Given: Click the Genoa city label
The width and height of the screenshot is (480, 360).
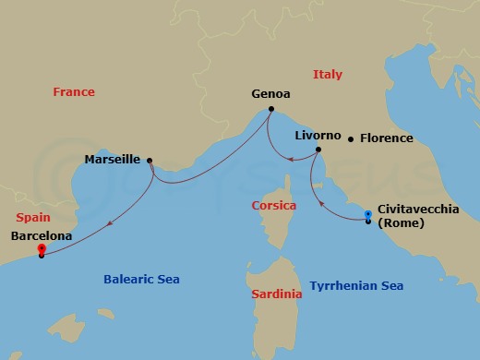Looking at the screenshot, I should (x=270, y=93).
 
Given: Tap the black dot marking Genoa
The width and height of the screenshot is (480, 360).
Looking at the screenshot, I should (x=270, y=109).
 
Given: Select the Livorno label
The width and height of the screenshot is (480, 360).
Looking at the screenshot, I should (x=318, y=135).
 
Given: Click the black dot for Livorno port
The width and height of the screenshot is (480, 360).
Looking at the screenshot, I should (x=318, y=150).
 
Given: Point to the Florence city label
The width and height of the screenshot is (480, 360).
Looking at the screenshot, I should (x=386, y=139).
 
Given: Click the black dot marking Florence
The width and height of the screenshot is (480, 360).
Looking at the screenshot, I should (x=351, y=139).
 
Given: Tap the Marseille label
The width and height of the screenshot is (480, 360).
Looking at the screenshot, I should (x=112, y=159).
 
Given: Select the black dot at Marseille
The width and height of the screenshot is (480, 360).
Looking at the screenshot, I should (x=150, y=160).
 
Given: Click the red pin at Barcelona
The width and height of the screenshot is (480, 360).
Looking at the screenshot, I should (x=41, y=249).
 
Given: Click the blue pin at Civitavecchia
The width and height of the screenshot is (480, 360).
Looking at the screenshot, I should (x=367, y=216).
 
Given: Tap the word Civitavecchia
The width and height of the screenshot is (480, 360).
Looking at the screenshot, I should (x=418, y=210).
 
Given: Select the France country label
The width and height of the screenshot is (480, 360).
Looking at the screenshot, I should (x=74, y=91).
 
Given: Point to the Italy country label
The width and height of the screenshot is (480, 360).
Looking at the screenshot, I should (x=328, y=74).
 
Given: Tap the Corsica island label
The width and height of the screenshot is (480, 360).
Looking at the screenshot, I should (x=274, y=205).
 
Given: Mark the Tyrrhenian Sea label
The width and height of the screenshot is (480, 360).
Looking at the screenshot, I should (x=356, y=286).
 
